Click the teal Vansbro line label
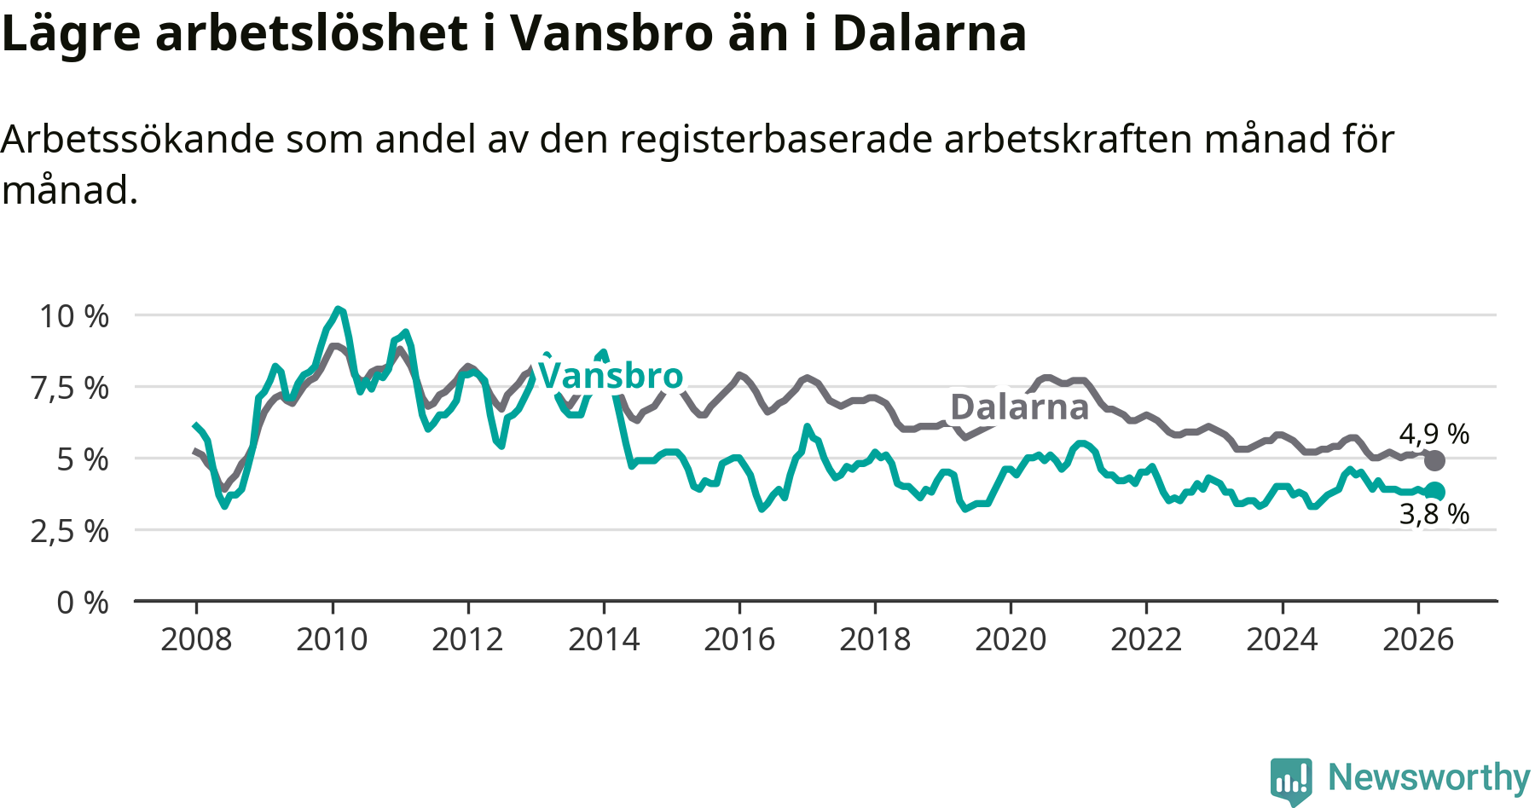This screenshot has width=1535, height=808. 611,375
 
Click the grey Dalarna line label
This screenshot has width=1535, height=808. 1020,407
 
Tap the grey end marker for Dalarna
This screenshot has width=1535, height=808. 1435,461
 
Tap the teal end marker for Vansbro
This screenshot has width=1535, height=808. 1435,491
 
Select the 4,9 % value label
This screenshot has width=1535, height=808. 1434,434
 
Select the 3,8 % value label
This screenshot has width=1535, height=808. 1434,514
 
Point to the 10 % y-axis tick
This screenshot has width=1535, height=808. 74,316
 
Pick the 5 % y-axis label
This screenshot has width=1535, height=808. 83,459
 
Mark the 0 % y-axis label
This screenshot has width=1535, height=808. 83,603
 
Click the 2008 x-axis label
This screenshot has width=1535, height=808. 196,639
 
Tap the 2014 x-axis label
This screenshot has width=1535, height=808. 604,639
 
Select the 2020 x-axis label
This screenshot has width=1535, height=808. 1011,639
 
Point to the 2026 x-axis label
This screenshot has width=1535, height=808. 1418,639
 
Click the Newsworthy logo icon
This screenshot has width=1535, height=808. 1291,781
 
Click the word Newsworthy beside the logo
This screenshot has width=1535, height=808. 1429,777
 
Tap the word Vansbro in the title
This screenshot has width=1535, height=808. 611,33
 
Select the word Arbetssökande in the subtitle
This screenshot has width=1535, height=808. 138,139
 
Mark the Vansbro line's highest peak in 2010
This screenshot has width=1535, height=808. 339,309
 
